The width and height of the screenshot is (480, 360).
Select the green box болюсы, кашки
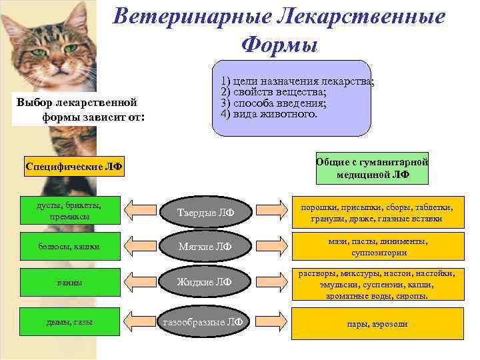(x=65, y=247)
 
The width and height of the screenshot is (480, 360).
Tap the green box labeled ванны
(x=65, y=283)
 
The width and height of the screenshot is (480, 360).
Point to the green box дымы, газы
(x=65, y=323)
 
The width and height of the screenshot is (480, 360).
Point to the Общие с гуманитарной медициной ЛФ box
(x=373, y=168)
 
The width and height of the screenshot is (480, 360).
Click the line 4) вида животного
(x=269, y=113)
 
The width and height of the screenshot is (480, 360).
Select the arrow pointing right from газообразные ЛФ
(x=269, y=323)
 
